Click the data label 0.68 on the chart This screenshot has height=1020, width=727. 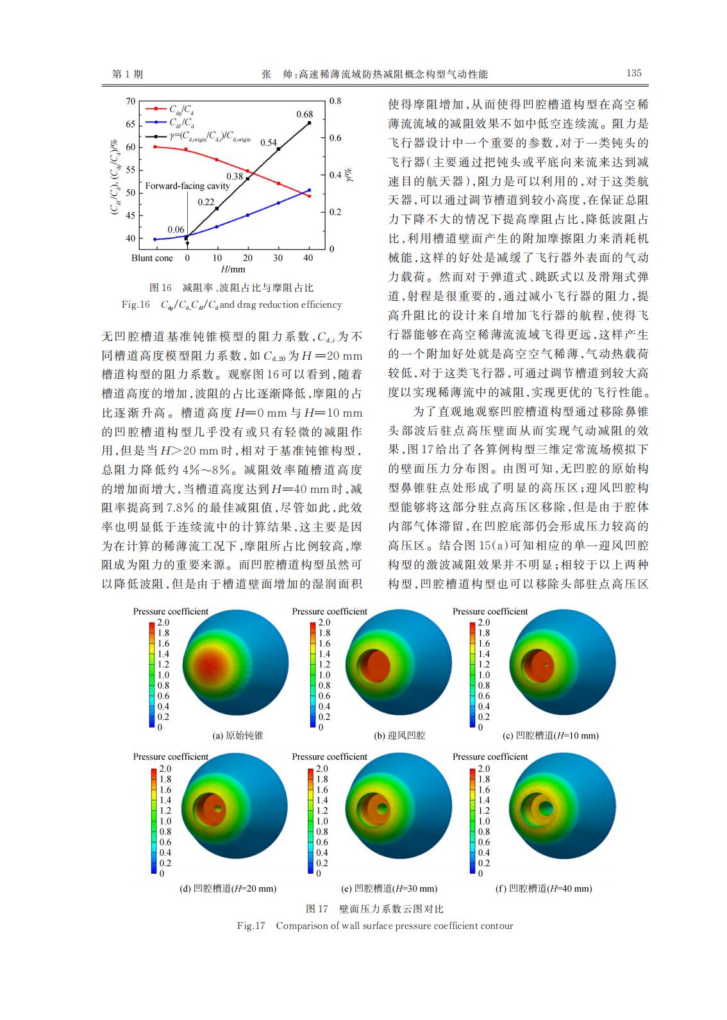305,114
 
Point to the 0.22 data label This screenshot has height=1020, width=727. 206,202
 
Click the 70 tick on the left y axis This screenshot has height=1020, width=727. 131,101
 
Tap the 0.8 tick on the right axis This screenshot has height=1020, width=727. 335,101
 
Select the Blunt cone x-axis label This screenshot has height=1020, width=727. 152,258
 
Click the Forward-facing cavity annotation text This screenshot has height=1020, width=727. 187,186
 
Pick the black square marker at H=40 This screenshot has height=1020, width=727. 309,122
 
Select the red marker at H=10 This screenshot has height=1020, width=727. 217,160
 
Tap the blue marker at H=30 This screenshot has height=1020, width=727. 278,203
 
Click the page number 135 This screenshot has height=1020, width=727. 633,73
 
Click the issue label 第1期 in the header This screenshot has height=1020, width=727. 128,74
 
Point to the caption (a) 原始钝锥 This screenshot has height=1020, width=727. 238,735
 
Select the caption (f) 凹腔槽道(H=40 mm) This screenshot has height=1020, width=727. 544,889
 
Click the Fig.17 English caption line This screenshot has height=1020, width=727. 375,926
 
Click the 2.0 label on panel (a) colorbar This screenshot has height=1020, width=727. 163,623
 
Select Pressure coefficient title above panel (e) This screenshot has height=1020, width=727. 330,757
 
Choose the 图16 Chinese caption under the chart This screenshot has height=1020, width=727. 231,288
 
